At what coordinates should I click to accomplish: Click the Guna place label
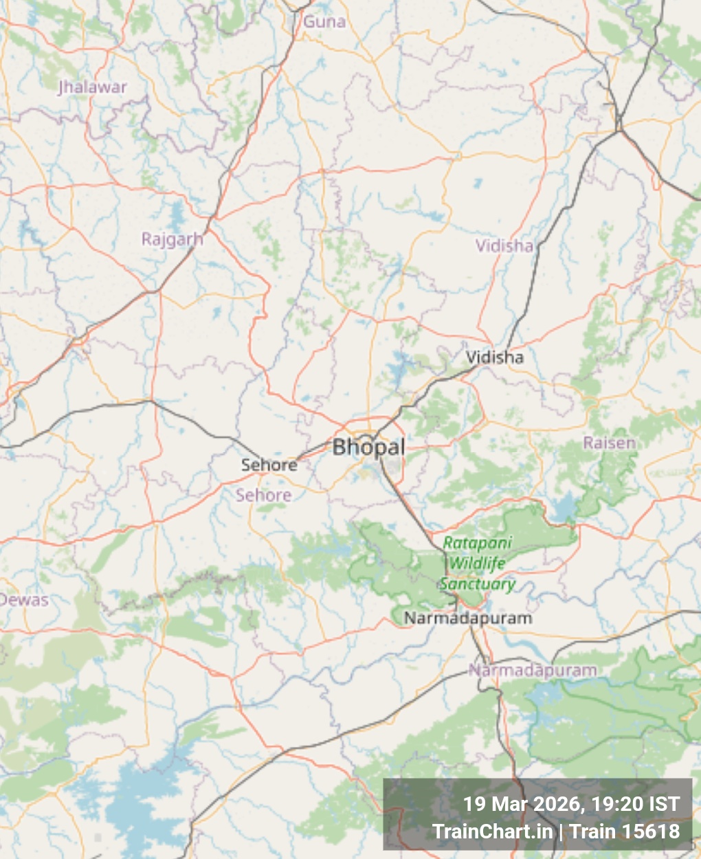(x=324, y=21)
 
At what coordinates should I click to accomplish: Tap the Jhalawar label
(x=92, y=87)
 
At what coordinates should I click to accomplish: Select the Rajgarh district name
(x=172, y=239)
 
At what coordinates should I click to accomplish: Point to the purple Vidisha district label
(x=504, y=245)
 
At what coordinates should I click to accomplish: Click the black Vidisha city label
(x=495, y=357)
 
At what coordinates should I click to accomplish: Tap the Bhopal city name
(x=368, y=447)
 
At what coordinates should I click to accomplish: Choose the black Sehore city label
(x=269, y=465)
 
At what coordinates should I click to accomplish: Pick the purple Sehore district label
(x=264, y=495)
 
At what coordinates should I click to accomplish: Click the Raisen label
(x=610, y=443)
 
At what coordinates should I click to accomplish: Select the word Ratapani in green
(x=478, y=543)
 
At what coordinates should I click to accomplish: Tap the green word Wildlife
(x=477, y=564)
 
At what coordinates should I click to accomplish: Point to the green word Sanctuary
(x=477, y=584)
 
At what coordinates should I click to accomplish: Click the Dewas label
(x=24, y=600)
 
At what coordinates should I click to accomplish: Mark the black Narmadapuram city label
(x=468, y=618)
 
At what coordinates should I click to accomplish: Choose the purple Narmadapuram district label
(x=533, y=670)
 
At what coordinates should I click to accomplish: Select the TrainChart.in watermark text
(x=493, y=832)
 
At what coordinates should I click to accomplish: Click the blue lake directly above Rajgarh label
(x=177, y=212)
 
